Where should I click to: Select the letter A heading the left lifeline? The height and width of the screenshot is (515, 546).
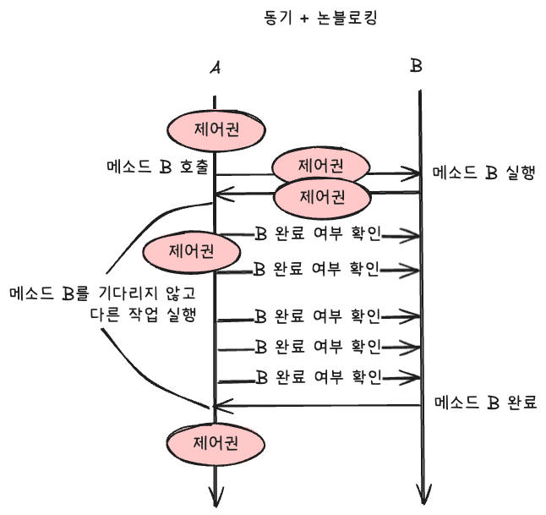[x=216, y=67]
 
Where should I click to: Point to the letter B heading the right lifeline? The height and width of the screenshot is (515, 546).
[x=416, y=66]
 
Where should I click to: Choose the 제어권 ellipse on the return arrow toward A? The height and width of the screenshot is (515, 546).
[x=323, y=197]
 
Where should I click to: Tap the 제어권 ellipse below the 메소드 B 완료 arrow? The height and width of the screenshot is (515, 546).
[x=216, y=443]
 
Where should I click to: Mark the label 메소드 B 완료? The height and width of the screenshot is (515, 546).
[x=485, y=403]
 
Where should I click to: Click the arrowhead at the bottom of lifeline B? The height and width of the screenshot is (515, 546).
[x=422, y=496]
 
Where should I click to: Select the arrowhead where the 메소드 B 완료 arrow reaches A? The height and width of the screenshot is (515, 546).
[x=221, y=406]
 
